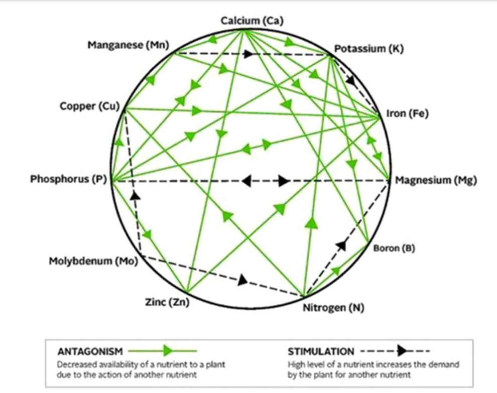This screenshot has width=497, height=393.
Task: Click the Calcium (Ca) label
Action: click(252, 21)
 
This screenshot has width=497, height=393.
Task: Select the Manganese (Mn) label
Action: click(129, 45)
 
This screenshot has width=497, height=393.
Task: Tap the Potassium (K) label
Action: click(369, 49)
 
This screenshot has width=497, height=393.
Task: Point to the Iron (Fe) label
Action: click(407, 113)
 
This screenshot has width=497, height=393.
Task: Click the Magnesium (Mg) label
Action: click(436, 180)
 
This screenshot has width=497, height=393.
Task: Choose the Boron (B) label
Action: click(394, 248)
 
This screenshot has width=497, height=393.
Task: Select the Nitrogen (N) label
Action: click(333, 308)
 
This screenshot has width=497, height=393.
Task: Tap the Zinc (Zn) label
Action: click(167, 302)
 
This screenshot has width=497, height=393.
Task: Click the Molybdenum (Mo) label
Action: click(93, 261)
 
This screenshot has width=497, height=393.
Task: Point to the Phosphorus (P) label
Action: click(68, 179)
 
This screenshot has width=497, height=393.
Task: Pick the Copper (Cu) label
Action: click(90, 106)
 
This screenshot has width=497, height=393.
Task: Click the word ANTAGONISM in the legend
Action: click(90, 351)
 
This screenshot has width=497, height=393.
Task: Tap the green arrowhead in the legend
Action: click(168, 351)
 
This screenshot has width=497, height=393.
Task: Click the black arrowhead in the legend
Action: click(403, 351)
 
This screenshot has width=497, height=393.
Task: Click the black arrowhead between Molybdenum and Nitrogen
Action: click(243, 280)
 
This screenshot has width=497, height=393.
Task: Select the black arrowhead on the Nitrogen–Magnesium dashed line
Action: click(341, 245)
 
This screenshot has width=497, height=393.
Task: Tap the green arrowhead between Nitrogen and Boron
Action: click(336, 271)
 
